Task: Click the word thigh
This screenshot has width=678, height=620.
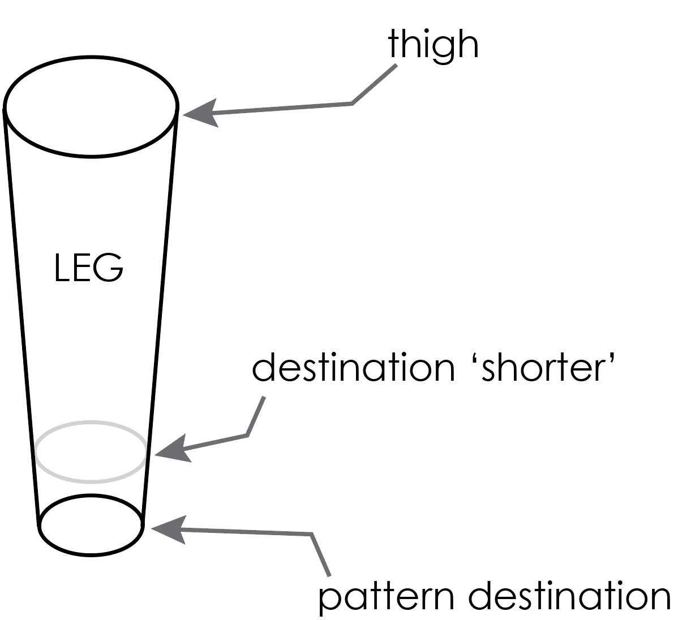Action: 433,45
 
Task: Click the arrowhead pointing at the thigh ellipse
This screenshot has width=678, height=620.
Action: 200,114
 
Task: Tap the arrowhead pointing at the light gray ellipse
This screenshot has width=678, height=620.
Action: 173,450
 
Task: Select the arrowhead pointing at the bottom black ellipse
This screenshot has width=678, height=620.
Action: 169,529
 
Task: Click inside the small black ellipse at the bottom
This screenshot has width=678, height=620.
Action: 91,526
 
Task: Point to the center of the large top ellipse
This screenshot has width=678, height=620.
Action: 91,106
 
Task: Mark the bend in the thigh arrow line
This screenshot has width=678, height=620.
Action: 352,104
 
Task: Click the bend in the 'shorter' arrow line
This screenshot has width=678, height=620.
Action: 247,434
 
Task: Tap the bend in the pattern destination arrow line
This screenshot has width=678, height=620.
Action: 312,534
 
